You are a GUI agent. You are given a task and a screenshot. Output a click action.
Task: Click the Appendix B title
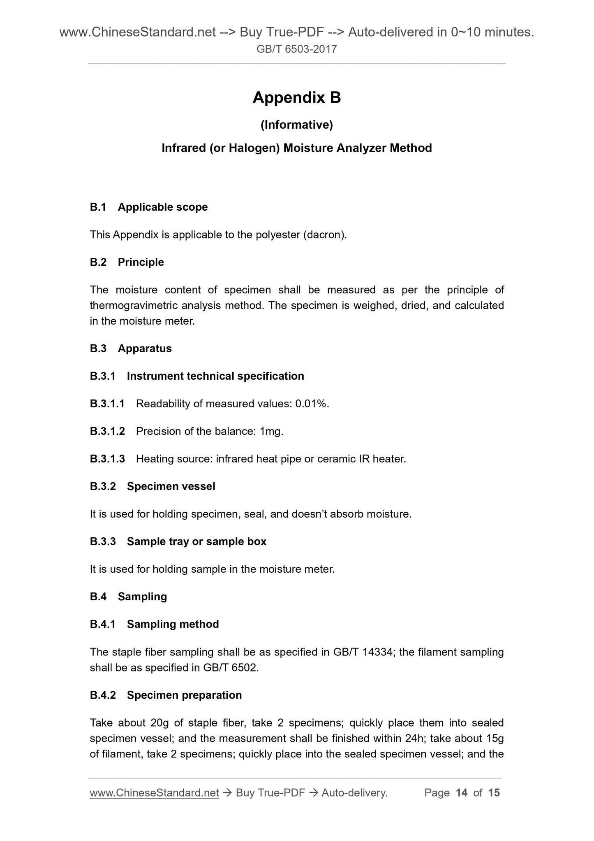(x=296, y=98)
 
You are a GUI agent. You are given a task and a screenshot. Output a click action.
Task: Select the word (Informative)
(x=296, y=125)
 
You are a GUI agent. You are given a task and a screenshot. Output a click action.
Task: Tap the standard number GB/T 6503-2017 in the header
(x=296, y=49)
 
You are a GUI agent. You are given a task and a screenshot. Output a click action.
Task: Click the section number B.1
(x=98, y=207)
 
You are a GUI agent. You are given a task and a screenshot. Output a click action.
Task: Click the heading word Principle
(x=141, y=262)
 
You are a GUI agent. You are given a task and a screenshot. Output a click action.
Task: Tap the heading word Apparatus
(x=145, y=348)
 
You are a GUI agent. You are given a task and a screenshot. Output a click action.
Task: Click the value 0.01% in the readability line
(x=312, y=404)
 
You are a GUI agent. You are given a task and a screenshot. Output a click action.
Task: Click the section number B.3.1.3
(x=107, y=459)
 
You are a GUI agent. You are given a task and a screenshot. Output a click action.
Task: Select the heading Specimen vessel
(x=171, y=486)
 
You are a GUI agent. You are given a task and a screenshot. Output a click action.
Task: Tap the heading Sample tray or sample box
(x=196, y=541)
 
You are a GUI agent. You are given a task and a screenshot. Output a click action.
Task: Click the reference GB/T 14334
(x=363, y=652)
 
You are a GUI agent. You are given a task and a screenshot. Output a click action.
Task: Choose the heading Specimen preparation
(x=184, y=695)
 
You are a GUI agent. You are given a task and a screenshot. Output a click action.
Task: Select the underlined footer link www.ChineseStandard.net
(x=154, y=793)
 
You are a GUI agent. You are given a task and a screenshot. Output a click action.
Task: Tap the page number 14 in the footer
(x=462, y=793)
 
